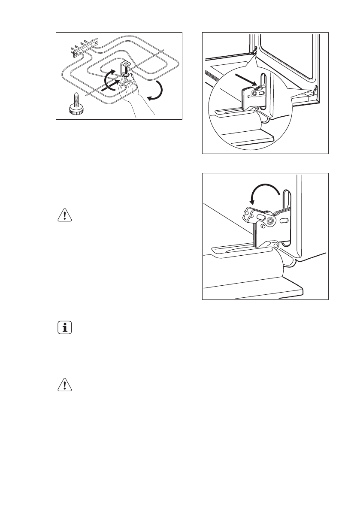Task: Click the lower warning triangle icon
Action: coord(64,386)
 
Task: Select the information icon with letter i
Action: coord(64,328)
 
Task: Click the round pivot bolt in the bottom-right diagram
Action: coord(270,221)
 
